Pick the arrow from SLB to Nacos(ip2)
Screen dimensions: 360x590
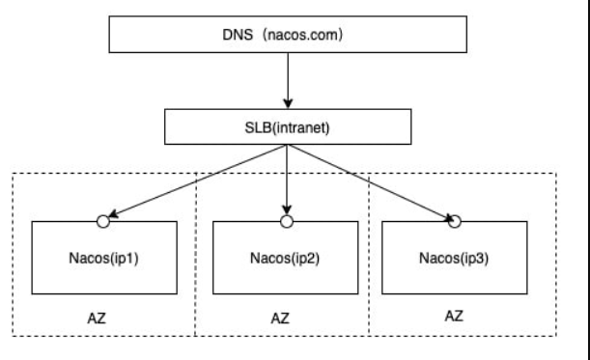pos(287,179)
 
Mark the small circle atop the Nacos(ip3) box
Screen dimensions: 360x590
pos(455,221)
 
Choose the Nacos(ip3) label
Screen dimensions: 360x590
pos(454,259)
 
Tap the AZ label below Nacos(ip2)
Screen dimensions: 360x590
pos(279,317)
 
